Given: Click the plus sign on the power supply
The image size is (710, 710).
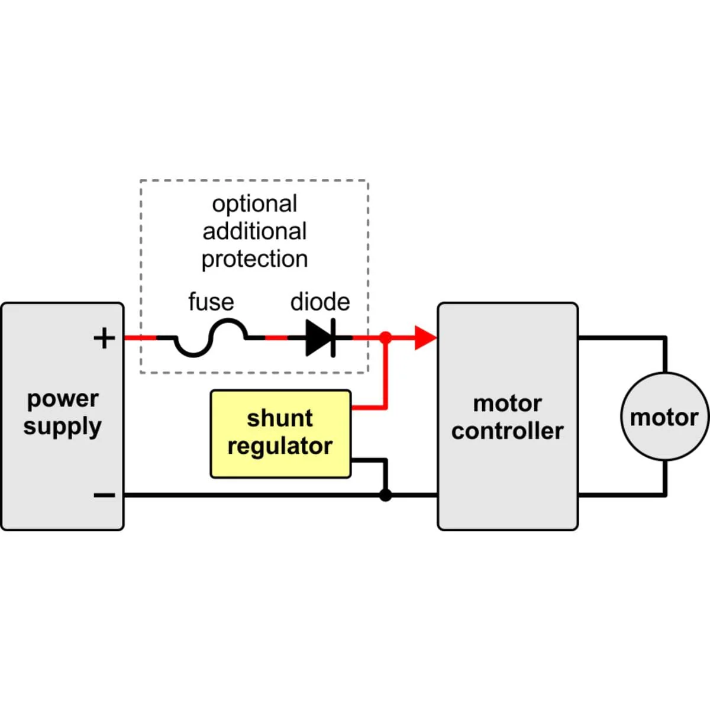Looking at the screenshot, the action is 104,338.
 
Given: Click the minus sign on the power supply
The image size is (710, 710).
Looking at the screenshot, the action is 104,495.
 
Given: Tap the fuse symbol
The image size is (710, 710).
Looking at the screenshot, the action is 211,338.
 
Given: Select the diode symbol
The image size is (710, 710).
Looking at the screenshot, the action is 321,338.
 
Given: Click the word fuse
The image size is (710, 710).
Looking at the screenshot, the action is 211,302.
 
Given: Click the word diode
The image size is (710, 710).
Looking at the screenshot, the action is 320,302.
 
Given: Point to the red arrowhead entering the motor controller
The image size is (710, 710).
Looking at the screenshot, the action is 426,337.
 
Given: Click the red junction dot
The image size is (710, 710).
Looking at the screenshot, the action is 385,337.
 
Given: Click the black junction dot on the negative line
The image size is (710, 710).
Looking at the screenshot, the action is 385,495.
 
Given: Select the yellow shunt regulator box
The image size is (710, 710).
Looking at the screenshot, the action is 280,434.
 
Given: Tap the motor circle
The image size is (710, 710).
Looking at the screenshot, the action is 665,417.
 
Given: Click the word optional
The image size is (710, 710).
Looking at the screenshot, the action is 254,204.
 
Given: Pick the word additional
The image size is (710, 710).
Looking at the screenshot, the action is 254,231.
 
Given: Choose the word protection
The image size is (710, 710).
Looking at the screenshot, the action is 254,259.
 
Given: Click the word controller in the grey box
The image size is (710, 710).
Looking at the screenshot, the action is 507,431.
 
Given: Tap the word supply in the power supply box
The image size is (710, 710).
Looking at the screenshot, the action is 62,427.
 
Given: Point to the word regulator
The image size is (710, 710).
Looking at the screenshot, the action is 280,447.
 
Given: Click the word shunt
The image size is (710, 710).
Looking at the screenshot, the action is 280,418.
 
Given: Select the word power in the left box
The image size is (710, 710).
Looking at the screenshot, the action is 63,399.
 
